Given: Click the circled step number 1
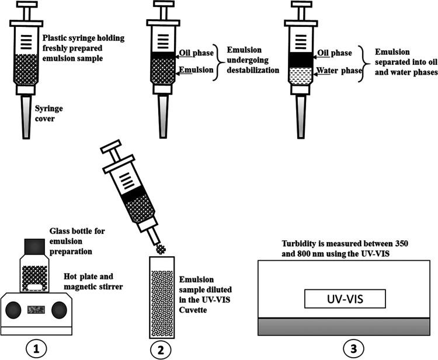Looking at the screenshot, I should click(37, 349).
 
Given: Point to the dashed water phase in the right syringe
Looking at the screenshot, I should click(303, 76).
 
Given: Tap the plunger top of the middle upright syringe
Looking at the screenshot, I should click(161, 6).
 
